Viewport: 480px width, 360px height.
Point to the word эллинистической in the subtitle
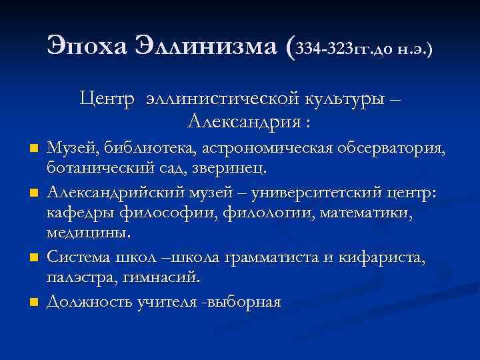pyautogui.click(x=211, y=100)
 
